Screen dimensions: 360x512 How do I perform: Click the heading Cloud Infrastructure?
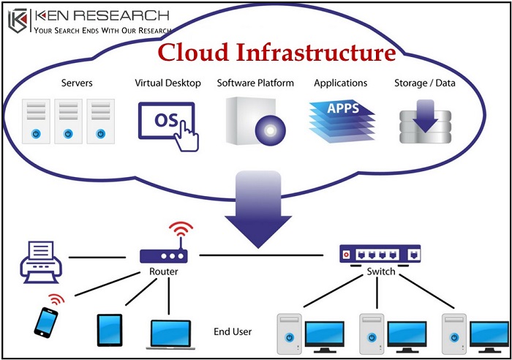[277, 53]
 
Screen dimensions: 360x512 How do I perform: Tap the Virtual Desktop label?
[167, 83]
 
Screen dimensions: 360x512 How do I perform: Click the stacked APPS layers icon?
[341, 116]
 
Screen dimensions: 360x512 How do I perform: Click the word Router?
[163, 272]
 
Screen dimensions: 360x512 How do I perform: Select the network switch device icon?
[381, 255]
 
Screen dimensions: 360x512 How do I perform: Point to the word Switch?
[381, 271]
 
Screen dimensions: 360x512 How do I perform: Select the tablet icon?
[109, 329]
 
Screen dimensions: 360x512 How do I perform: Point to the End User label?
[233, 331]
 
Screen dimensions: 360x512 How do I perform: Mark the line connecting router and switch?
[263, 255]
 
